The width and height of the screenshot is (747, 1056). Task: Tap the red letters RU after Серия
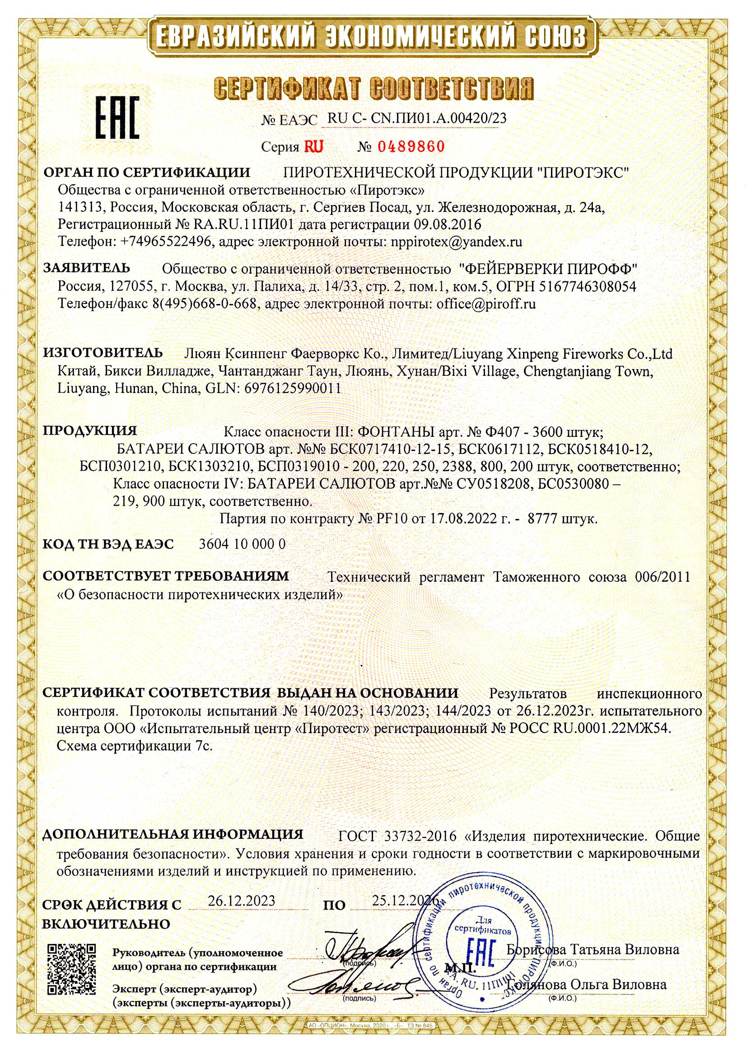coord(313,147)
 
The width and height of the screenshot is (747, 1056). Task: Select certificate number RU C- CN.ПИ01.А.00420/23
coord(417,118)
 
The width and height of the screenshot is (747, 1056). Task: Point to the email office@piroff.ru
coord(486,304)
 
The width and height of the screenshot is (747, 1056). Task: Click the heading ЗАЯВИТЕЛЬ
coord(86,268)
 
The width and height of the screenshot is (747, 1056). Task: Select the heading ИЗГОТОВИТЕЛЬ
coord(103,353)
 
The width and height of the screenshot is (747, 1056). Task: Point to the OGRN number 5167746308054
coord(587,286)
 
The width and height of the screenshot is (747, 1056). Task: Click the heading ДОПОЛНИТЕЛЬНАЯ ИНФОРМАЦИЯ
coord(173,834)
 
